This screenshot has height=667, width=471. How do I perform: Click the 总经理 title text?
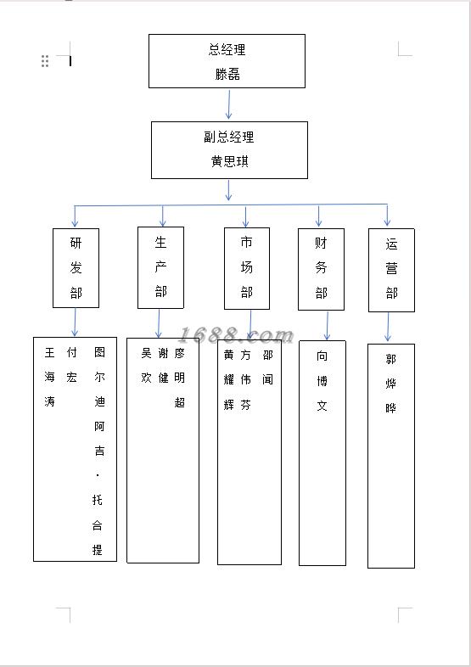click(x=227, y=50)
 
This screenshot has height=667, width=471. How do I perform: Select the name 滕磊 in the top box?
click(x=227, y=74)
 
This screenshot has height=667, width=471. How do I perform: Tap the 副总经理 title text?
click(x=229, y=137)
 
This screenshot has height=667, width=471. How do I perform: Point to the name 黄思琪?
click(x=229, y=161)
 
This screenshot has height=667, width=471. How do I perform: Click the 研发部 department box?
click(x=76, y=268)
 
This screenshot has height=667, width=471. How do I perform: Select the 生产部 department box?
click(x=161, y=267)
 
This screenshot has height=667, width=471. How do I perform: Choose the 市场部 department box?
click(x=247, y=268)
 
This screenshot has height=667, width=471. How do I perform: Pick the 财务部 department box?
click(x=321, y=269)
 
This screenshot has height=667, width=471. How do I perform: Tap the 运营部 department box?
click(x=391, y=270)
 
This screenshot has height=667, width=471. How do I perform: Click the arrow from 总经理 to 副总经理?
click(x=229, y=104)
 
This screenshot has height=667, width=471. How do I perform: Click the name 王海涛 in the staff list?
click(x=50, y=377)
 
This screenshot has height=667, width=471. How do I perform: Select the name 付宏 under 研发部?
click(x=71, y=365)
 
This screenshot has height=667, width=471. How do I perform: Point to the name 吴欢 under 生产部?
click(x=146, y=366)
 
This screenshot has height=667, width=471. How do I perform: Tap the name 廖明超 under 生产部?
click(x=180, y=378)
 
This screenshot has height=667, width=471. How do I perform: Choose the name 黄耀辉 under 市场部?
click(x=229, y=379)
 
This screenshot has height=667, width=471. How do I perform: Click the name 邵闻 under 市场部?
click(x=267, y=367)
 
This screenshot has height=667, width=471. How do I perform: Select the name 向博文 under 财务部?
click(x=322, y=380)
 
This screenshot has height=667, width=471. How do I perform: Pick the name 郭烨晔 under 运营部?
click(x=390, y=384)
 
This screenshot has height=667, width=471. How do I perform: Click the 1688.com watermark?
click(x=236, y=335)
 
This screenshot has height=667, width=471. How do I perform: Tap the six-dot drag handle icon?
click(x=45, y=61)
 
